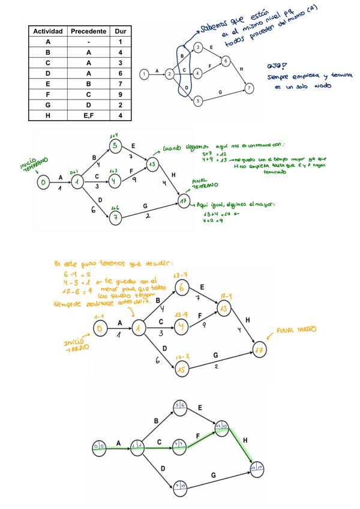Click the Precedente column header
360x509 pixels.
click(x=88, y=31)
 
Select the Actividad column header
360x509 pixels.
click(x=47, y=31)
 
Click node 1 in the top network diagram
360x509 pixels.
click(x=144, y=74)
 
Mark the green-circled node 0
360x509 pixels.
click(x=43, y=182)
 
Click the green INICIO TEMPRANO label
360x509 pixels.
click(x=32, y=163)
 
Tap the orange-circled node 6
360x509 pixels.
click(x=182, y=288)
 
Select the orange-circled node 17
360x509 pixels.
click(x=259, y=349)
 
